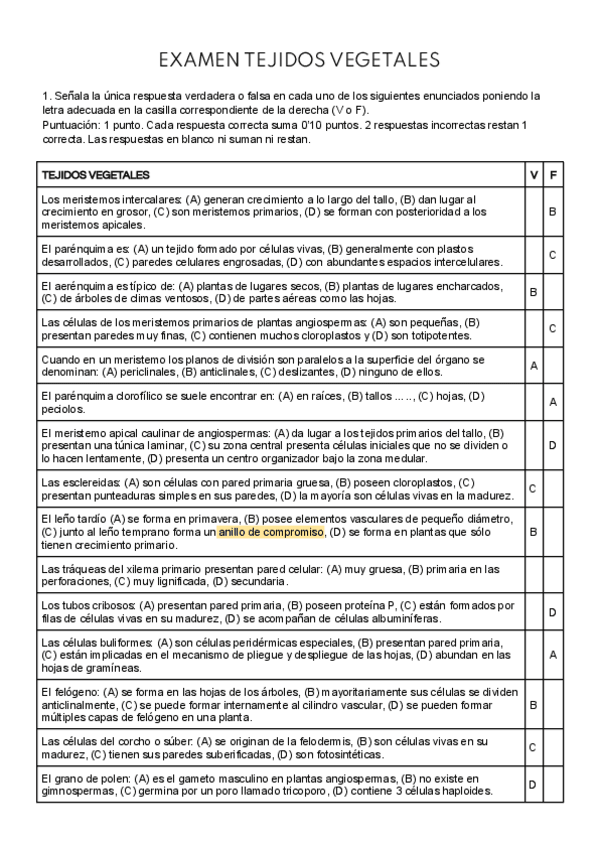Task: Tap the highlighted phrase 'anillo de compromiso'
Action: [271, 533]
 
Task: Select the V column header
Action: [533, 174]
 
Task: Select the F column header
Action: [553, 174]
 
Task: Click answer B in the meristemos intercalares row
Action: [553, 212]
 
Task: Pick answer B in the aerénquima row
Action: [533, 291]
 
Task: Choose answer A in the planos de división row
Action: [533, 365]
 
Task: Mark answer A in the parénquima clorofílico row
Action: [553, 402]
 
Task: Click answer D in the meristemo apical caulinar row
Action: [553, 445]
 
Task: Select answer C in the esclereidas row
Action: [533, 489]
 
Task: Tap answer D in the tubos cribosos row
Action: [553, 612]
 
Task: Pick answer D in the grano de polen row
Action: [533, 784]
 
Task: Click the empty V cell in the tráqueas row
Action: [533, 575]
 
